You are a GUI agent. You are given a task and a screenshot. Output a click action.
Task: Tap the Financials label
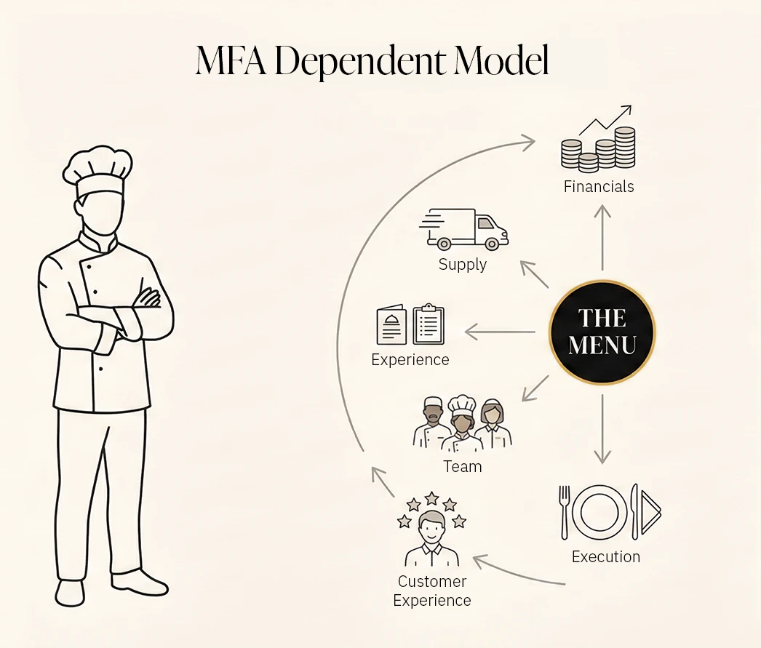point(599,187)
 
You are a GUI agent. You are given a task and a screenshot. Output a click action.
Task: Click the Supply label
point(463,265)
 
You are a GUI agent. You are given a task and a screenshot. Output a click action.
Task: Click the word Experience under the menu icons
point(410,360)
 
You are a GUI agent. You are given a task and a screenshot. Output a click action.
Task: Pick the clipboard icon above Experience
point(429,324)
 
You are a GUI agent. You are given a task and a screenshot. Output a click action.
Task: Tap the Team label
point(463,467)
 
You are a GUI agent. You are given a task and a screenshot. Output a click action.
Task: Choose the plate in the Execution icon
point(599,511)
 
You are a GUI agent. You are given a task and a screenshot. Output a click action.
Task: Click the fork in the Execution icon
point(565,512)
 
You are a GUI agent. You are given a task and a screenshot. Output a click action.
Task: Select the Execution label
point(606,557)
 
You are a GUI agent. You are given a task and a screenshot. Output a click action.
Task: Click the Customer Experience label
point(432,591)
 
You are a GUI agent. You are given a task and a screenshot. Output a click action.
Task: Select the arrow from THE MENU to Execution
point(602,429)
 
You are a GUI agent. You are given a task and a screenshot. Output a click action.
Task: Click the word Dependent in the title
point(361,62)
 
